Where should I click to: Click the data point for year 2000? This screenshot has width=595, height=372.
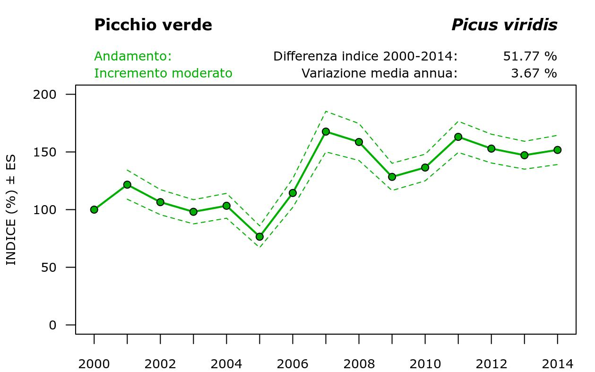[x=94, y=209]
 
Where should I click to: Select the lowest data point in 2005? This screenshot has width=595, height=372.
[x=259, y=236]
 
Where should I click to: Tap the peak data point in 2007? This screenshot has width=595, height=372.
[x=326, y=131]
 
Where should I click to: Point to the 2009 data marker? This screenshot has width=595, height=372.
[x=392, y=177]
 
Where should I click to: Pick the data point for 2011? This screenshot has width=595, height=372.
[x=458, y=137]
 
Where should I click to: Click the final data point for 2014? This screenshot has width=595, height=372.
[x=557, y=150]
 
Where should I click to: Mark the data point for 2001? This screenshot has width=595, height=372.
[x=127, y=184]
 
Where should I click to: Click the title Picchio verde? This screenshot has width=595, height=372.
[x=153, y=25]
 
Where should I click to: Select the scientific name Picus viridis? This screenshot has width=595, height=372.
[x=504, y=25]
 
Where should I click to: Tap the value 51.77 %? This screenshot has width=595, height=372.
[x=530, y=56]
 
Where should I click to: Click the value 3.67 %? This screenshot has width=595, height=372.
[x=534, y=73]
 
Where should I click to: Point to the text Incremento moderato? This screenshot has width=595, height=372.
[x=163, y=73]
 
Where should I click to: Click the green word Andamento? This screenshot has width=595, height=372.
[x=133, y=56]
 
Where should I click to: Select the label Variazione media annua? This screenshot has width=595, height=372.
[x=379, y=73]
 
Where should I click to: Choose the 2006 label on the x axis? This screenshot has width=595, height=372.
[x=293, y=364]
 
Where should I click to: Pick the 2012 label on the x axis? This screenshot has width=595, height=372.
[x=491, y=364]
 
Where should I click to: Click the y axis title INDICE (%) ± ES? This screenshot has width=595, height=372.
[x=11, y=209]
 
